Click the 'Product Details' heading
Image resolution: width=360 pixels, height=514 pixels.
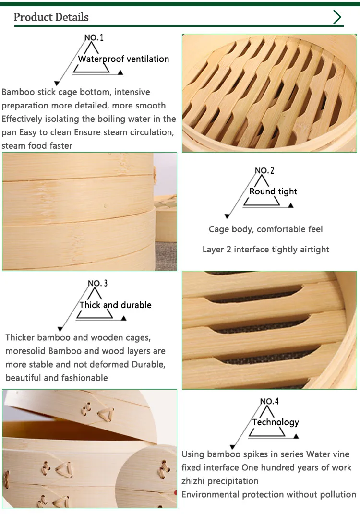click(x=51, y=17)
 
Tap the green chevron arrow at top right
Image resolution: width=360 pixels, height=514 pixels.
click(x=337, y=17)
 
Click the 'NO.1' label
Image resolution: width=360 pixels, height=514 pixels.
click(x=94, y=37)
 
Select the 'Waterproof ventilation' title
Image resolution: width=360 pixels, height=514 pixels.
click(x=123, y=59)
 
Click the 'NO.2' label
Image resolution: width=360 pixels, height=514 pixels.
click(x=264, y=170)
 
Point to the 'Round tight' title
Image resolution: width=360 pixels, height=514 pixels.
click(x=273, y=191)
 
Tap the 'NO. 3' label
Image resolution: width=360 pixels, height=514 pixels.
click(x=97, y=283)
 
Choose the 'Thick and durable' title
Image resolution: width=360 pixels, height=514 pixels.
click(x=115, y=305)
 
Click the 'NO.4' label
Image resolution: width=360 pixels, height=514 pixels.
click(x=269, y=401)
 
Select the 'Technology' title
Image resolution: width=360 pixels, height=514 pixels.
click(x=276, y=422)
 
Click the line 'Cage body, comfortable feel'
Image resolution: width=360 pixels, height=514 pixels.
click(x=265, y=229)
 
